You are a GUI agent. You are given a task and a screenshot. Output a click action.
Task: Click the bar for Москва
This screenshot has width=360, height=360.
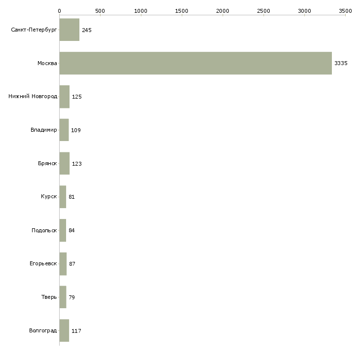[195, 63]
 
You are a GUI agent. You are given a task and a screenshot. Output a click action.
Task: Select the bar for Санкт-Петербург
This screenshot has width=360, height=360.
[70, 30]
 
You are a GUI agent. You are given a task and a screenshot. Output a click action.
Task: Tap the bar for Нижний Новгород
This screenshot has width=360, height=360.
[65, 97]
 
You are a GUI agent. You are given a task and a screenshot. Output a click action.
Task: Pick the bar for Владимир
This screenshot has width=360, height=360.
[64, 130]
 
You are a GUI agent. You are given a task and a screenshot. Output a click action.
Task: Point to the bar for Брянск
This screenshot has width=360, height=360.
[65, 164]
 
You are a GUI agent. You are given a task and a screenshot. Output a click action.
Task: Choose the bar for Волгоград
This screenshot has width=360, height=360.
[64, 330]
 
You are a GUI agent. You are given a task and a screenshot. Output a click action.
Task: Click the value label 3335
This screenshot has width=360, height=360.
[341, 63]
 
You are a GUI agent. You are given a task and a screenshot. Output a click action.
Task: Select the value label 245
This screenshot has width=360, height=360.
[87, 30]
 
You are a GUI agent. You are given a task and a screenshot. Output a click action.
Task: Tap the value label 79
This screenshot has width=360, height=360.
[72, 297]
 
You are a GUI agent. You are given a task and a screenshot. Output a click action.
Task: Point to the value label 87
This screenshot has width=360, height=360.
[72, 264]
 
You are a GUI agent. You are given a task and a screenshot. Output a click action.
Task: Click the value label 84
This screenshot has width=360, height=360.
[72, 230]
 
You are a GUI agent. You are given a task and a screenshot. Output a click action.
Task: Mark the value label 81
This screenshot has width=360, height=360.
[72, 197]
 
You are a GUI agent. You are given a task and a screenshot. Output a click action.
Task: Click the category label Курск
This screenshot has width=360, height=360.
[49, 197]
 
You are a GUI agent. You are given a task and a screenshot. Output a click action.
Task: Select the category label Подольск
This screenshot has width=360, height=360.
[44, 230]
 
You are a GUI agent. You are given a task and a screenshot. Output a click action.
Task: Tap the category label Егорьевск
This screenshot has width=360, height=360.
[43, 264]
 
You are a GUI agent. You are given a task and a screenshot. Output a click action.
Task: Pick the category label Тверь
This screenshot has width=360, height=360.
[49, 297]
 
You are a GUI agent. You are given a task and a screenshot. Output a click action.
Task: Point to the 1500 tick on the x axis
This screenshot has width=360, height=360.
[182, 10]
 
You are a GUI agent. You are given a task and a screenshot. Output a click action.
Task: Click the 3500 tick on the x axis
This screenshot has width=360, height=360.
[345, 10]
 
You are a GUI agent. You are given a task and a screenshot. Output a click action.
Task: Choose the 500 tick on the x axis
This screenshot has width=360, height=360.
[100, 10]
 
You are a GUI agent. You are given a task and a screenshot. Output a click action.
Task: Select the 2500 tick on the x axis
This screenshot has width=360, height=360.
[263, 10]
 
